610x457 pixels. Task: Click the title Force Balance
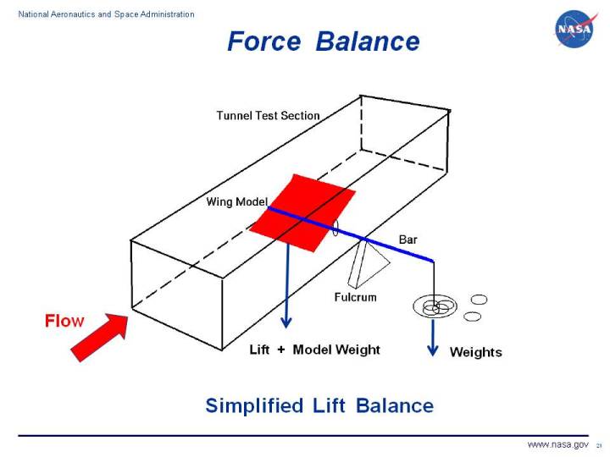click(323, 41)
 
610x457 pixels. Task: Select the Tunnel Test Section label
click(268, 115)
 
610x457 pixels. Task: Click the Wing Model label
click(236, 201)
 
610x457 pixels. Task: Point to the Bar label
click(408, 240)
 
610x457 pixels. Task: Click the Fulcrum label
click(355, 297)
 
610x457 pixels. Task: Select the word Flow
click(64, 321)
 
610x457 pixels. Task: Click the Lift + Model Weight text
click(314, 350)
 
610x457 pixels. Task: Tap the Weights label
click(475, 352)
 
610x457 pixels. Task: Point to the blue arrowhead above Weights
click(433, 350)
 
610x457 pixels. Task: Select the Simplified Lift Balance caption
click(319, 405)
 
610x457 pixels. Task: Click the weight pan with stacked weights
click(434, 306)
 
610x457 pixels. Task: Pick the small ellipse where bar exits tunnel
click(335, 228)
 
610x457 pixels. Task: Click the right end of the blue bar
click(431, 260)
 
